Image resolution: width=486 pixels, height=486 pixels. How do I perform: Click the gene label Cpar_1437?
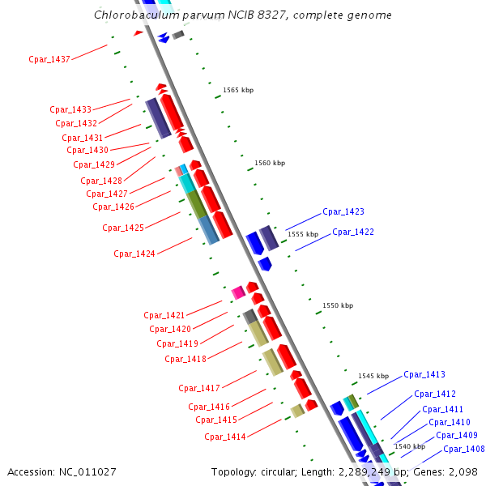click(x=49, y=59)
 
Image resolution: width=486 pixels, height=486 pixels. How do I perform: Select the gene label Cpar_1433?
click(x=70, y=109)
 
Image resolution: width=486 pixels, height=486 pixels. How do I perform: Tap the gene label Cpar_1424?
click(x=134, y=254)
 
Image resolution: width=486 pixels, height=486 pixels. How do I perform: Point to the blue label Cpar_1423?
click(x=343, y=212)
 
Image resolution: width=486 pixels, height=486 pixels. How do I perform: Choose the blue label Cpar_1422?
click(x=353, y=232)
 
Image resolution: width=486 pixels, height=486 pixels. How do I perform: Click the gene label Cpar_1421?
click(x=164, y=315)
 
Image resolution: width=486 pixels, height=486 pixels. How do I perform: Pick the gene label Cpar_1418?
click(x=185, y=359)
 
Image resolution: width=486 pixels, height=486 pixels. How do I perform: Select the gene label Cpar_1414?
click(x=225, y=437)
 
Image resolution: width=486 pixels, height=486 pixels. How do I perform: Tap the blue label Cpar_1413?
click(x=424, y=375)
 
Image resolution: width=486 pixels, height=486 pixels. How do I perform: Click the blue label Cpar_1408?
click(x=464, y=450)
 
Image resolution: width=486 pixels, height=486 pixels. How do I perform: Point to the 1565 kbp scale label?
click(x=238, y=90)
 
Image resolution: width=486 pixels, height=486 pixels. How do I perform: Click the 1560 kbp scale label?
click(x=270, y=164)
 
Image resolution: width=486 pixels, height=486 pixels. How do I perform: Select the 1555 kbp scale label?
click(x=303, y=234)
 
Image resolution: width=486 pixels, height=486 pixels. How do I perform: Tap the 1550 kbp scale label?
click(x=338, y=306)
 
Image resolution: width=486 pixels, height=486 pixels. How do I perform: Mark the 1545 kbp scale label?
click(x=373, y=377)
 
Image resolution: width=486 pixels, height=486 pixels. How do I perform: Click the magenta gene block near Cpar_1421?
click(x=238, y=292)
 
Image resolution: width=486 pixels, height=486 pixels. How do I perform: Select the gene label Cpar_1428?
click(x=101, y=181)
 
